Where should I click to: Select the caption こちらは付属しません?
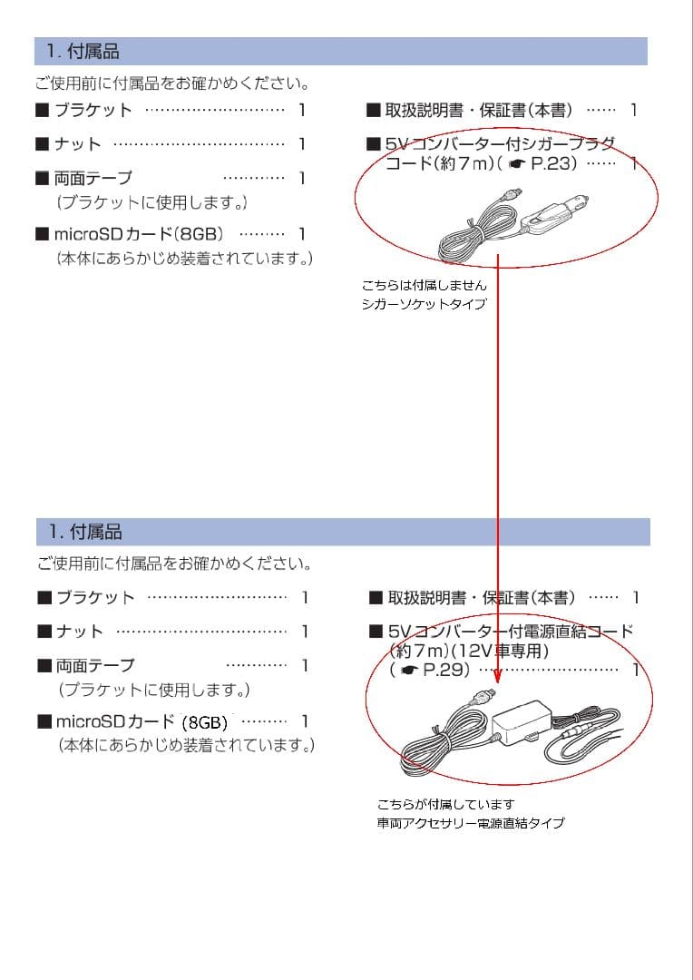425,285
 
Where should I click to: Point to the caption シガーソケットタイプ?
424,304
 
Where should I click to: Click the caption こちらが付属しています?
446,804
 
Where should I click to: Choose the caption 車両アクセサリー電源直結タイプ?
471,823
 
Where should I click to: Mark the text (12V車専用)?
504,651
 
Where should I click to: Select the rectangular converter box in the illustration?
521,725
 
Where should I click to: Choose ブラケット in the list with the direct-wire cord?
95,597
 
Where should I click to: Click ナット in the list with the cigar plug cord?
78,144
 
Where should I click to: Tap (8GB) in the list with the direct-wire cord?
205,722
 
